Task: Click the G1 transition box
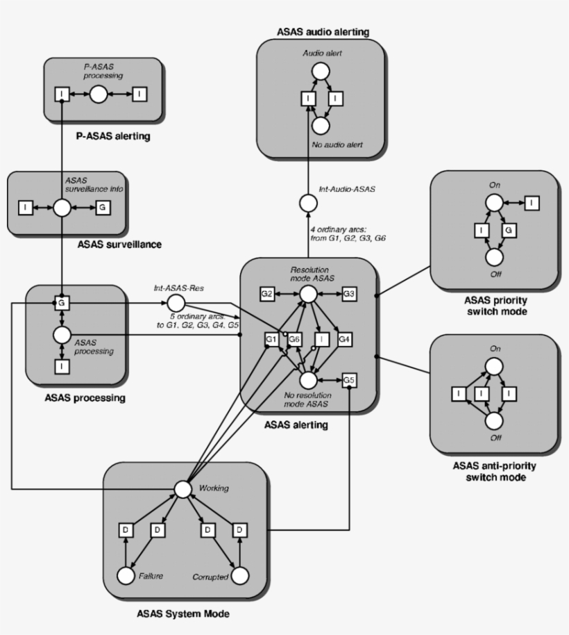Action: pos(272,339)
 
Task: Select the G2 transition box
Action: pos(267,295)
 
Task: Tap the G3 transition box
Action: pos(349,295)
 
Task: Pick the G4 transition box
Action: pos(345,339)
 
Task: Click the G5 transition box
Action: pos(349,380)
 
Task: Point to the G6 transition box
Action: pos(295,339)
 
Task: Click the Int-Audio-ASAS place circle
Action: pos(308,203)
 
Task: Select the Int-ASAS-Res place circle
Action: pos(175,303)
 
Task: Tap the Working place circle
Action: pos(182,489)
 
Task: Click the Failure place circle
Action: pos(126,576)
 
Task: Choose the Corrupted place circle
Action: pos(239,576)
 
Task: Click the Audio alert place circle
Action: pos(320,71)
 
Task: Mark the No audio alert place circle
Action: pos(320,126)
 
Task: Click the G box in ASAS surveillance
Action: pos(103,207)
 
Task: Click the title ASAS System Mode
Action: pos(183,614)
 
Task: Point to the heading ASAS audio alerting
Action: pos(322,31)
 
